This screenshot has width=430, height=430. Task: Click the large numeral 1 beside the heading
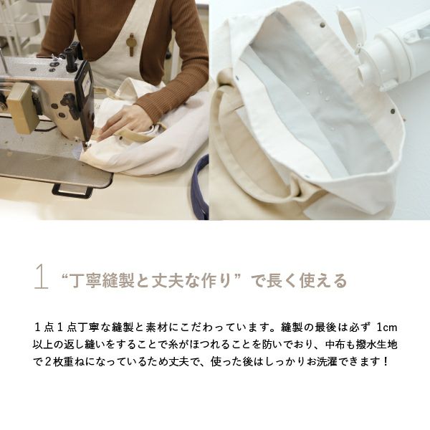click(41, 277)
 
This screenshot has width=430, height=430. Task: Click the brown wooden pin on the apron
click(131, 43)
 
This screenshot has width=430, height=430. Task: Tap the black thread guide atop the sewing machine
click(72, 54)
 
